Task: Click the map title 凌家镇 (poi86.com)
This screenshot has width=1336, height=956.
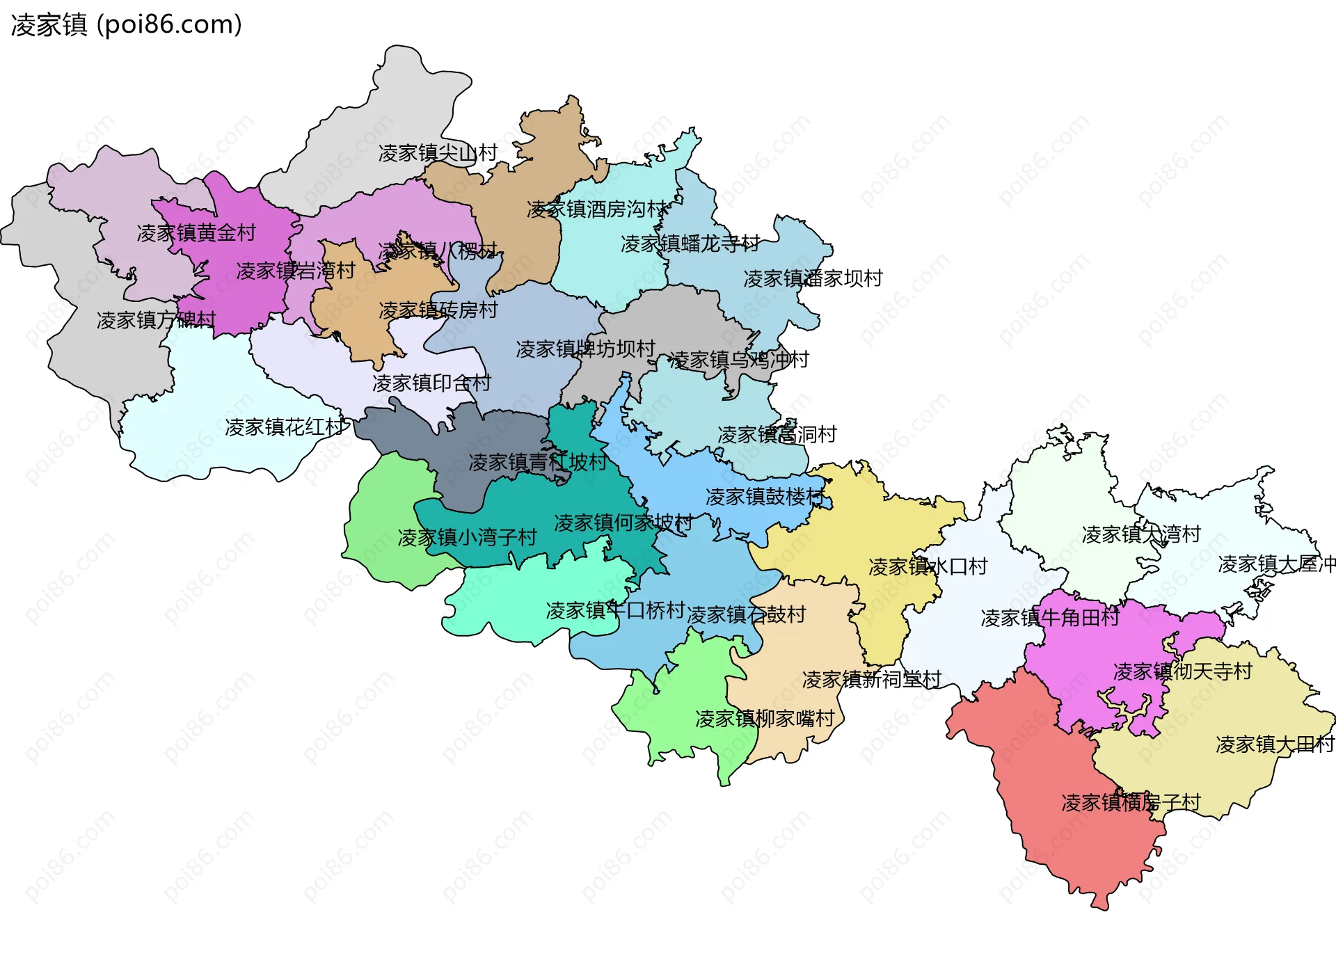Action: pos(127,25)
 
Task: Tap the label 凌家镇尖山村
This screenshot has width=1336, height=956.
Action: pos(438,153)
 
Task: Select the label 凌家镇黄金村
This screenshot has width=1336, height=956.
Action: pos(196,233)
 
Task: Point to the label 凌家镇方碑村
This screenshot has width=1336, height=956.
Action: pos(156,320)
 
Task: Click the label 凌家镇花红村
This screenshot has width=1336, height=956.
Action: pos(285,427)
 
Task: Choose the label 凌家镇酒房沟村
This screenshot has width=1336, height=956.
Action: pos(597,209)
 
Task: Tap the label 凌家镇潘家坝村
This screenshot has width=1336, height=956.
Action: pos(813,279)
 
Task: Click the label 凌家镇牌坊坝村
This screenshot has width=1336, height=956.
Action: pos(585,349)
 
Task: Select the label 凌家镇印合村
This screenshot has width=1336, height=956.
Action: pos(431,383)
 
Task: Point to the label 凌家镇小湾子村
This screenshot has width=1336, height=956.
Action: pos(467,537)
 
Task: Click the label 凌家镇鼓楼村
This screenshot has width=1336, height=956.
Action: pos(765,497)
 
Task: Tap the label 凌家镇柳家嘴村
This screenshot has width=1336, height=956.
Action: pos(765,719)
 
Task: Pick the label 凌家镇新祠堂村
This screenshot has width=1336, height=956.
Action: pos(871,680)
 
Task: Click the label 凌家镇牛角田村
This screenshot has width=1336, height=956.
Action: pos(1049,618)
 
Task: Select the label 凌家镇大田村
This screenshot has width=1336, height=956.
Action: pos(1274,745)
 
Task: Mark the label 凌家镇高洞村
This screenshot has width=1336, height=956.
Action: pos(777,435)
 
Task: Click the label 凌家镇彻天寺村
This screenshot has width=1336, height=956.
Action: pos(1182,671)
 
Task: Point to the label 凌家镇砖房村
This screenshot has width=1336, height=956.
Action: pos(438,310)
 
